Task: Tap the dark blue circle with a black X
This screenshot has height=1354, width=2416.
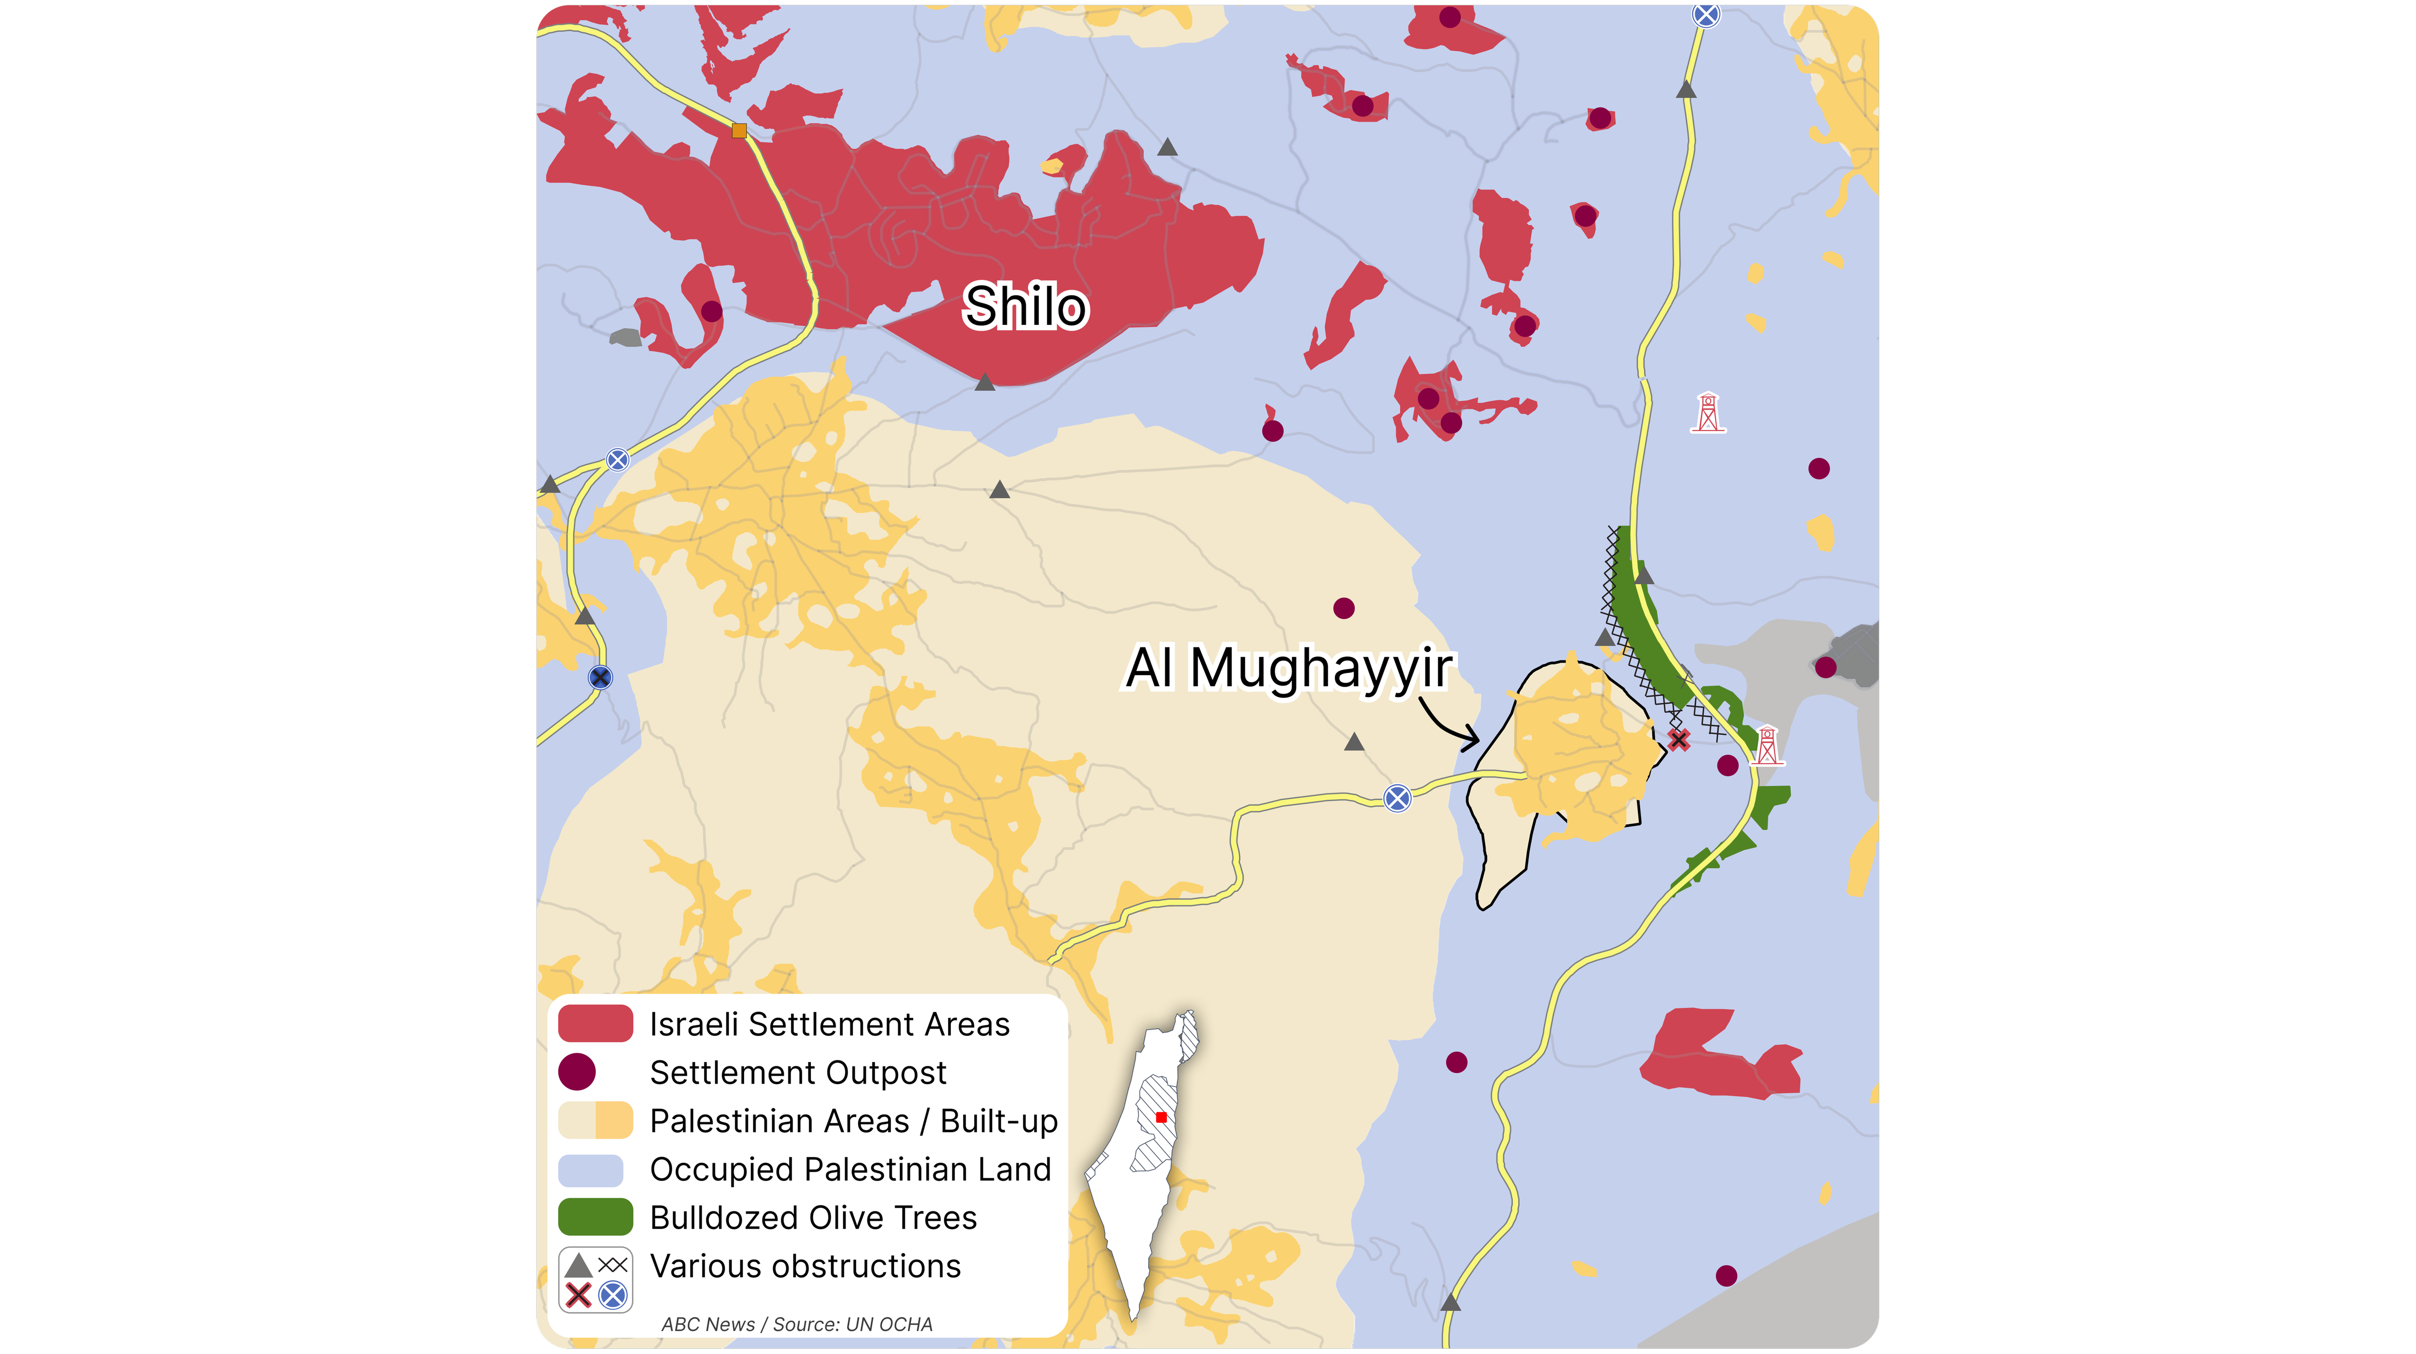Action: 600,677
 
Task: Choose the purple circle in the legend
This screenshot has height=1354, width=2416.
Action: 577,1072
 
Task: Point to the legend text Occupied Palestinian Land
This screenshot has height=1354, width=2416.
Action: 850,1169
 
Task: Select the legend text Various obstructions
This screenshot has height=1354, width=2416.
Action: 805,1266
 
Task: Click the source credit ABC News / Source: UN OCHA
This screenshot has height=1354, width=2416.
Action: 796,1324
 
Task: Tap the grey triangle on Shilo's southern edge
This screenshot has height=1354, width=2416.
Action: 985,382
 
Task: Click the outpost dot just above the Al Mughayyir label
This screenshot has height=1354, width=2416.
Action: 1343,608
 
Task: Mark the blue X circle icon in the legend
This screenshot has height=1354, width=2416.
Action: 612,1296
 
